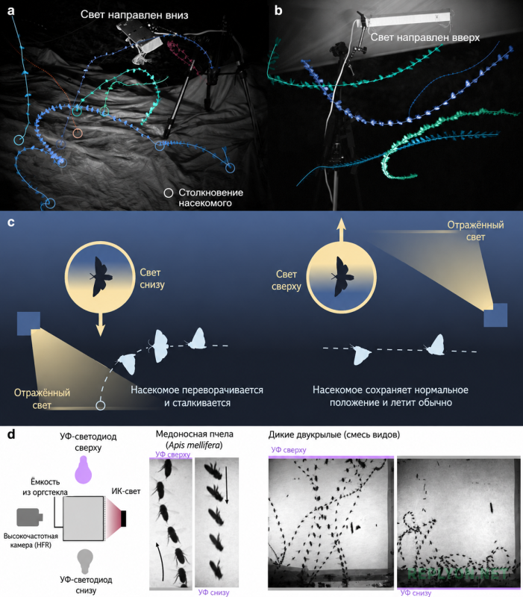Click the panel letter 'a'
[x=11, y=10]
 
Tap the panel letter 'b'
[x=278, y=10]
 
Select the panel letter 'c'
[x=11, y=222]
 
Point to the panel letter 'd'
[x=11, y=434]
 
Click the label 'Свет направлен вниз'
[x=134, y=15]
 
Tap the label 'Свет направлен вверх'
[x=425, y=37]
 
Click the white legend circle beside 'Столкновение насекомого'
[x=169, y=193]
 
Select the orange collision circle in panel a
[x=78, y=134]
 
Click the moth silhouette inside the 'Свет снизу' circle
[x=101, y=276]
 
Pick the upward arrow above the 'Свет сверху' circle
[x=342, y=230]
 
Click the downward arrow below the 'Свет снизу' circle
[x=101, y=324]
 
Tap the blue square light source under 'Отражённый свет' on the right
[x=495, y=315]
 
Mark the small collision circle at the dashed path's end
[x=101, y=405]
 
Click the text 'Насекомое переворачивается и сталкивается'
[x=197, y=396]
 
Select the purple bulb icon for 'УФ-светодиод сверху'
[x=84, y=469]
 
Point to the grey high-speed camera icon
[x=30, y=516]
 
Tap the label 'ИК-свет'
[x=126, y=491]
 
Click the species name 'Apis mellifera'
[x=195, y=445]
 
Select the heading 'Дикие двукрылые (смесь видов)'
[x=334, y=434]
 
